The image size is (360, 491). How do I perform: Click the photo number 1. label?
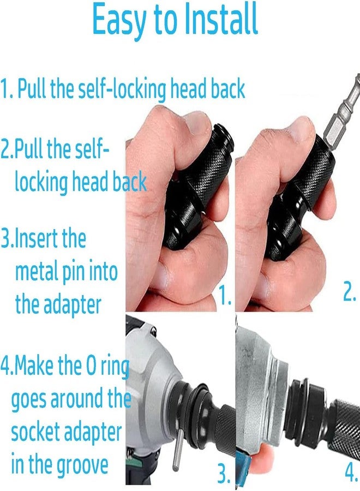(x=225, y=295)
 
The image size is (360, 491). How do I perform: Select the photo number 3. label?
(x=224, y=473)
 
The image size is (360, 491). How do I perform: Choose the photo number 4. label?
(x=351, y=471)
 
